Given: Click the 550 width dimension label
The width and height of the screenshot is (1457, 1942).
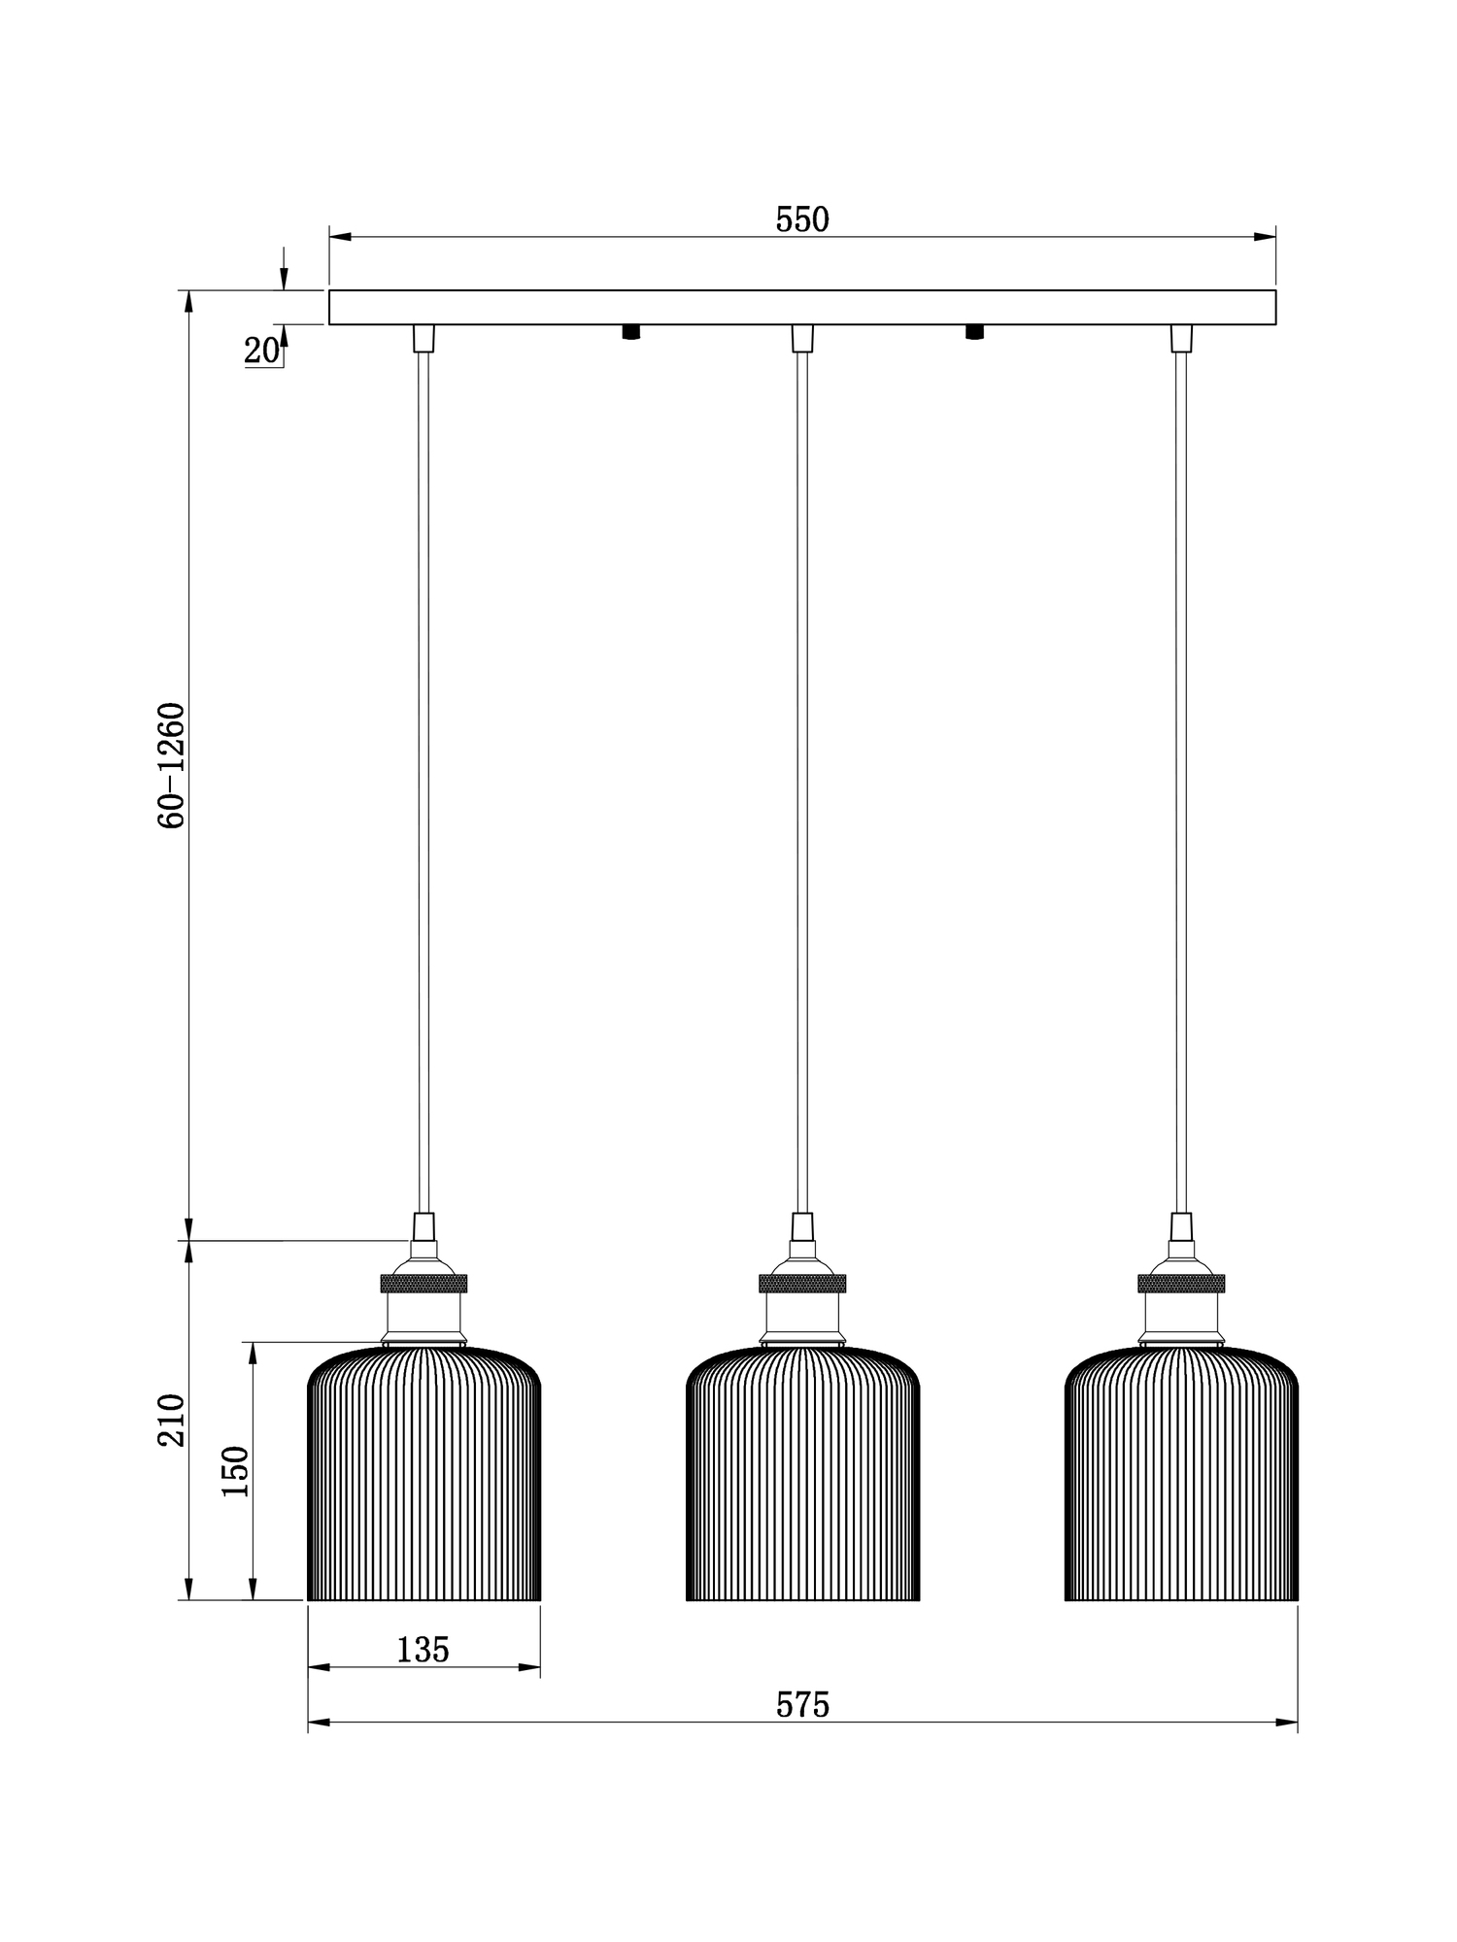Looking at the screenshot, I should [802, 220].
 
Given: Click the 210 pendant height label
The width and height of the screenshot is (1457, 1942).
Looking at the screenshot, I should [171, 1420].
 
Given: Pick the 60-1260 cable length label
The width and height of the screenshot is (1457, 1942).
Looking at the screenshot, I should [171, 765].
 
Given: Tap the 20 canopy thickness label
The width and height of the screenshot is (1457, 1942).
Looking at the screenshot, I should [260, 352].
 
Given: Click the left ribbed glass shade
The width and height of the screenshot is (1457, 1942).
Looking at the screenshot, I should [424, 1476].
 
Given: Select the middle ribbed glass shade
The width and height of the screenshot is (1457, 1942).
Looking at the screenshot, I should [802, 1476].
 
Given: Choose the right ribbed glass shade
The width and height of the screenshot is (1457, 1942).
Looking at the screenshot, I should [1181, 1476].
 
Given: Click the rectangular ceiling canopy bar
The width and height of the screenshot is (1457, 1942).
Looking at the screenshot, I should [802, 307].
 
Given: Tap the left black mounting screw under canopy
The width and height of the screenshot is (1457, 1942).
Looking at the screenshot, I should [631, 332].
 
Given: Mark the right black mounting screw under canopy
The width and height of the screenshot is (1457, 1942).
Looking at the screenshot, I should [974, 332].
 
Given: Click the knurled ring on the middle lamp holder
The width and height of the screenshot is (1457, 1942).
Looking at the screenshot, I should [802, 1283].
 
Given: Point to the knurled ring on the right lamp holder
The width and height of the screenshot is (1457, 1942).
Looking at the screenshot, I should [1181, 1283].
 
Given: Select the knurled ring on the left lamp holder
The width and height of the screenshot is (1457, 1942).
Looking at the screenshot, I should [424, 1283].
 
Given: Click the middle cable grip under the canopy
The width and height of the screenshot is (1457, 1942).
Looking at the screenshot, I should [802, 338].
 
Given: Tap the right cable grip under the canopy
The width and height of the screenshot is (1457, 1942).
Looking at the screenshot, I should [1181, 338].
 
